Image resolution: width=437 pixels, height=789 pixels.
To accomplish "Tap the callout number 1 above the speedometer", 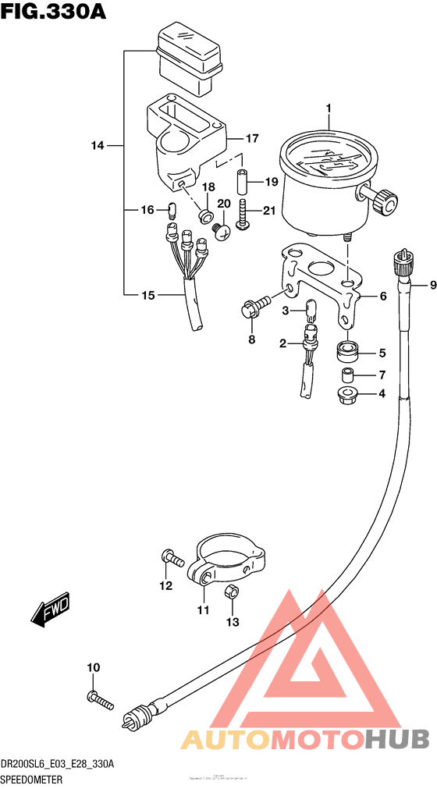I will coord(329,108).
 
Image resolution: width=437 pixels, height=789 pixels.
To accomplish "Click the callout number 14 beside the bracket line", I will coord(97,145).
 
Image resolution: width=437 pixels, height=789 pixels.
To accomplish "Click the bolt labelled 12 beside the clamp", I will coord(171,557).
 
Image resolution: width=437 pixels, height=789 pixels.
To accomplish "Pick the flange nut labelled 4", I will coord(346,394).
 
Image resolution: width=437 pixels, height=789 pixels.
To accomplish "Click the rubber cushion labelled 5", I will coord(346,352).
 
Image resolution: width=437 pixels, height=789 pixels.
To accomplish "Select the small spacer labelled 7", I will coord(348,375).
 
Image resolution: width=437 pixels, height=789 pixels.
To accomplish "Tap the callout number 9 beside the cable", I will coord(422,286).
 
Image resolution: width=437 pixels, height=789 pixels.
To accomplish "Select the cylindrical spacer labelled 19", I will coord(242,183).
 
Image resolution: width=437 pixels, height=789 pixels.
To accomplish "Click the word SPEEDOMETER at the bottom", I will coord(34,780).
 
